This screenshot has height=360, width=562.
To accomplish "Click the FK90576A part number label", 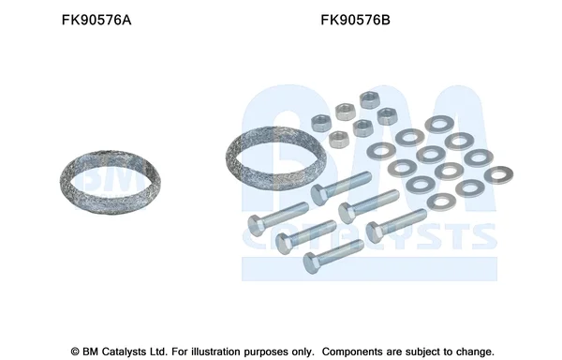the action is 96,20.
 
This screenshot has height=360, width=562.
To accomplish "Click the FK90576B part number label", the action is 355,20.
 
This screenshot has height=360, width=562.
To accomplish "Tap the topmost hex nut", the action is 370,99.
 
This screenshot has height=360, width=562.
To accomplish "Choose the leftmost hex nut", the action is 321,123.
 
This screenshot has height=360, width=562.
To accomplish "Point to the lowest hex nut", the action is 339,140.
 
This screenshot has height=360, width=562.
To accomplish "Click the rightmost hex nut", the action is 388,116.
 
